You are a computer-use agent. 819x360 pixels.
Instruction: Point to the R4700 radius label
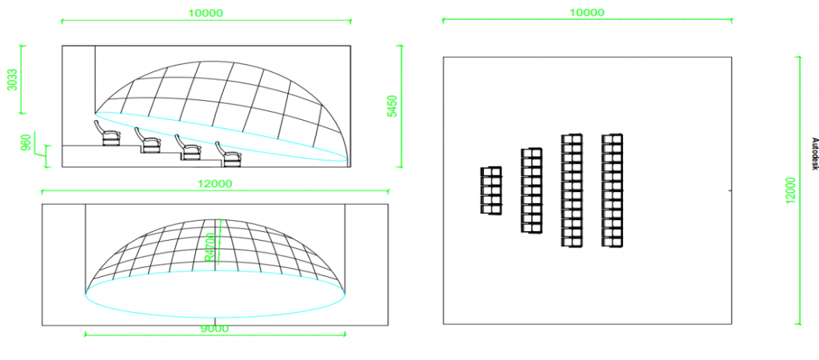(x=210, y=247)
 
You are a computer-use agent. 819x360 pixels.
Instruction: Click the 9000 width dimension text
(x=215, y=329)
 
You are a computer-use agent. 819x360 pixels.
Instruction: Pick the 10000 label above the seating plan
(x=586, y=13)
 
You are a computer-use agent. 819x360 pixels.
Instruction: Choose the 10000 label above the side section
(x=206, y=13)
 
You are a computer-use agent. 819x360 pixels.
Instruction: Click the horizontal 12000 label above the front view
(x=215, y=184)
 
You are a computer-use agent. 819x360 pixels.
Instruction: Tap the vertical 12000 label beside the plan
(x=791, y=190)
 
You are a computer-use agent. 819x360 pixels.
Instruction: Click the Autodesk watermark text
(x=813, y=154)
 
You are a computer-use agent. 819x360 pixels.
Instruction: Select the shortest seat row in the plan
(x=490, y=190)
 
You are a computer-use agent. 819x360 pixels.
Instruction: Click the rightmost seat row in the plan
(x=612, y=190)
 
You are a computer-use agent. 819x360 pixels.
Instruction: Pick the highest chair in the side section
(x=107, y=134)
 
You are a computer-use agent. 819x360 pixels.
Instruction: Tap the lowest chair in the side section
(x=228, y=154)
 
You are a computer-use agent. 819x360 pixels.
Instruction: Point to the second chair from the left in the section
(x=148, y=141)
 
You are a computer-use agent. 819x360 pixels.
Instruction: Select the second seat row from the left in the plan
(x=531, y=190)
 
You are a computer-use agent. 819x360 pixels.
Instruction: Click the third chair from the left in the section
(x=188, y=147)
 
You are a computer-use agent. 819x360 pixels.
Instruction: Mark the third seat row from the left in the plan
(x=572, y=190)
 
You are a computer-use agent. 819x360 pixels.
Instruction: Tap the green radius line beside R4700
(x=220, y=245)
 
